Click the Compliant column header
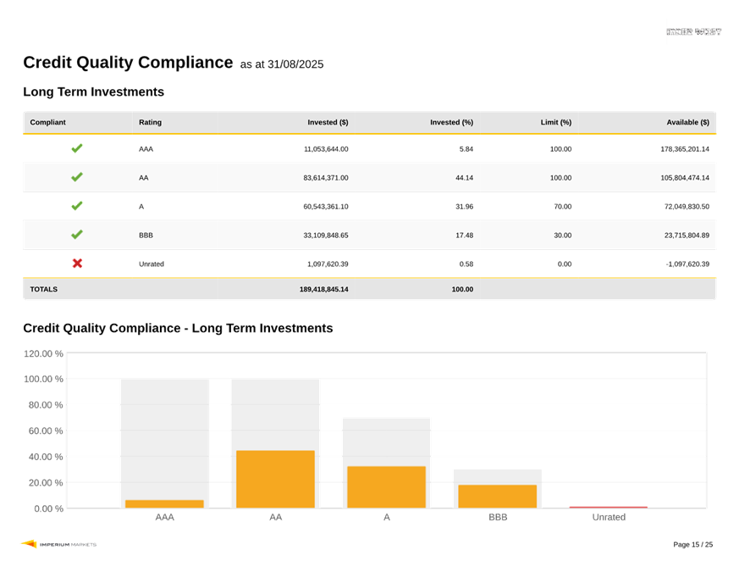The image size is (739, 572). (x=47, y=123)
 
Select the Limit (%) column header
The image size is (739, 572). (x=556, y=123)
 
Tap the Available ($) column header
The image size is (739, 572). (x=687, y=123)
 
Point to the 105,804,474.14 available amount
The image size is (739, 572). (x=673, y=178)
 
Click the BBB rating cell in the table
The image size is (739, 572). (x=146, y=236)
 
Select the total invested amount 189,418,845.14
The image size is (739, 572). (x=323, y=289)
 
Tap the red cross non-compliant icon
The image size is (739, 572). (x=77, y=264)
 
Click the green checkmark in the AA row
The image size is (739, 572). (x=77, y=177)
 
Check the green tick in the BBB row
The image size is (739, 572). (x=77, y=235)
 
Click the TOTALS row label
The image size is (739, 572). (x=44, y=289)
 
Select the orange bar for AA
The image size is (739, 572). (x=275, y=479)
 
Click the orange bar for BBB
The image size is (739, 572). (x=497, y=497)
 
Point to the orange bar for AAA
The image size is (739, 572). (x=164, y=504)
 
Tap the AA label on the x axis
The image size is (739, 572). (x=276, y=517)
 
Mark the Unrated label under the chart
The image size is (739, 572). (x=608, y=517)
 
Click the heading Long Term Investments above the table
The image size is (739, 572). (x=93, y=92)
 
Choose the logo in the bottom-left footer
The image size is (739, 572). (x=58, y=544)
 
